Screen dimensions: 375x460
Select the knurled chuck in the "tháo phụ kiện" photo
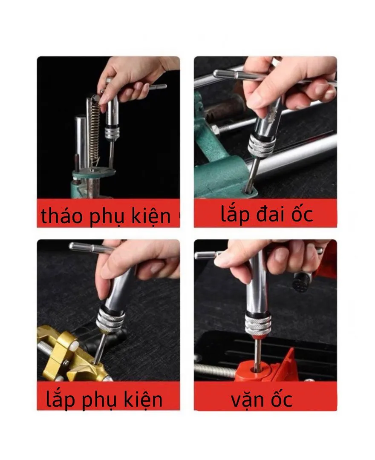click(111, 133)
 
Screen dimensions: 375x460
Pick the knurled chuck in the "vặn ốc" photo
click(258, 325)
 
